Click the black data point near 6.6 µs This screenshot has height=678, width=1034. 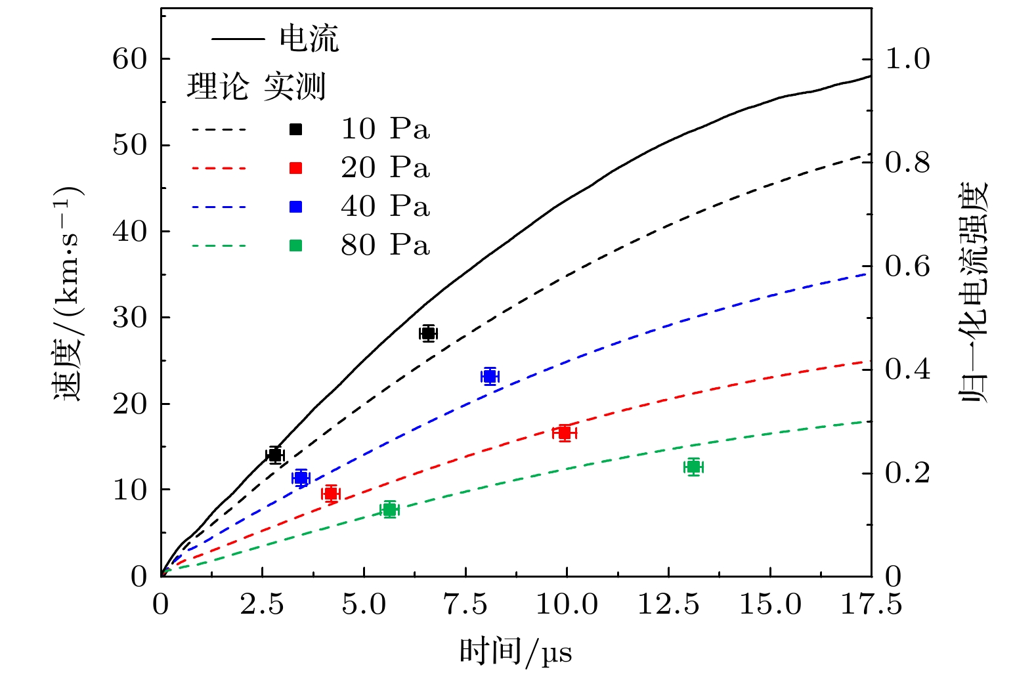click(428, 333)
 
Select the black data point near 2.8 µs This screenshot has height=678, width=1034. click(275, 455)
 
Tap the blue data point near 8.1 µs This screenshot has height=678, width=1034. click(490, 376)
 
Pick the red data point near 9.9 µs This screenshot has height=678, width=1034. click(564, 433)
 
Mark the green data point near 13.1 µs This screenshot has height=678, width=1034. click(693, 467)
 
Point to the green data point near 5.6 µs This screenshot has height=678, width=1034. click(390, 509)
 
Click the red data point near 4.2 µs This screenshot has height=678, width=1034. click(331, 494)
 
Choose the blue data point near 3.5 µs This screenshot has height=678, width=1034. click(301, 478)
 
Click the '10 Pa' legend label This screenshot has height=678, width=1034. click(385, 129)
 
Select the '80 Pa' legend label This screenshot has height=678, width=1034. click(385, 245)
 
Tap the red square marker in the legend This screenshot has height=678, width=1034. click(296, 169)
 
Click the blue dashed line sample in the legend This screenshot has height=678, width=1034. click(219, 207)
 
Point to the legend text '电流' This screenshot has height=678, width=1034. click(309, 39)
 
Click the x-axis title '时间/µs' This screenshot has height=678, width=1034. click(515, 652)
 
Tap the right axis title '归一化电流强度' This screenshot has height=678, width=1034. click(975, 293)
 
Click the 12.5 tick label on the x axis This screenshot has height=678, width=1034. click(668, 604)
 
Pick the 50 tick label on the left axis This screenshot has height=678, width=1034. click(129, 145)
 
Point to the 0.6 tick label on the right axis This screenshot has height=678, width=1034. click(907, 266)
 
